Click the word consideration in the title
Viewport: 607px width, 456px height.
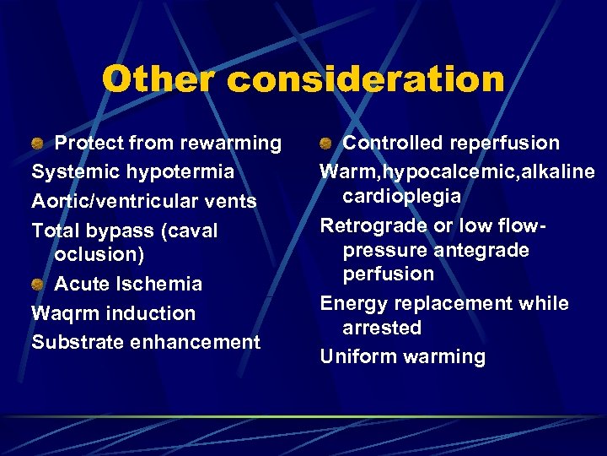click(x=365, y=79)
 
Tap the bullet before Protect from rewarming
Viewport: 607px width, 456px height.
click(x=37, y=144)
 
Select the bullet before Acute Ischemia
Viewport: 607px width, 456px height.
click(x=37, y=284)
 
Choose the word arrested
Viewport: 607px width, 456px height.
click(x=381, y=327)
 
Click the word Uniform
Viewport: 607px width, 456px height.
click(x=358, y=356)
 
